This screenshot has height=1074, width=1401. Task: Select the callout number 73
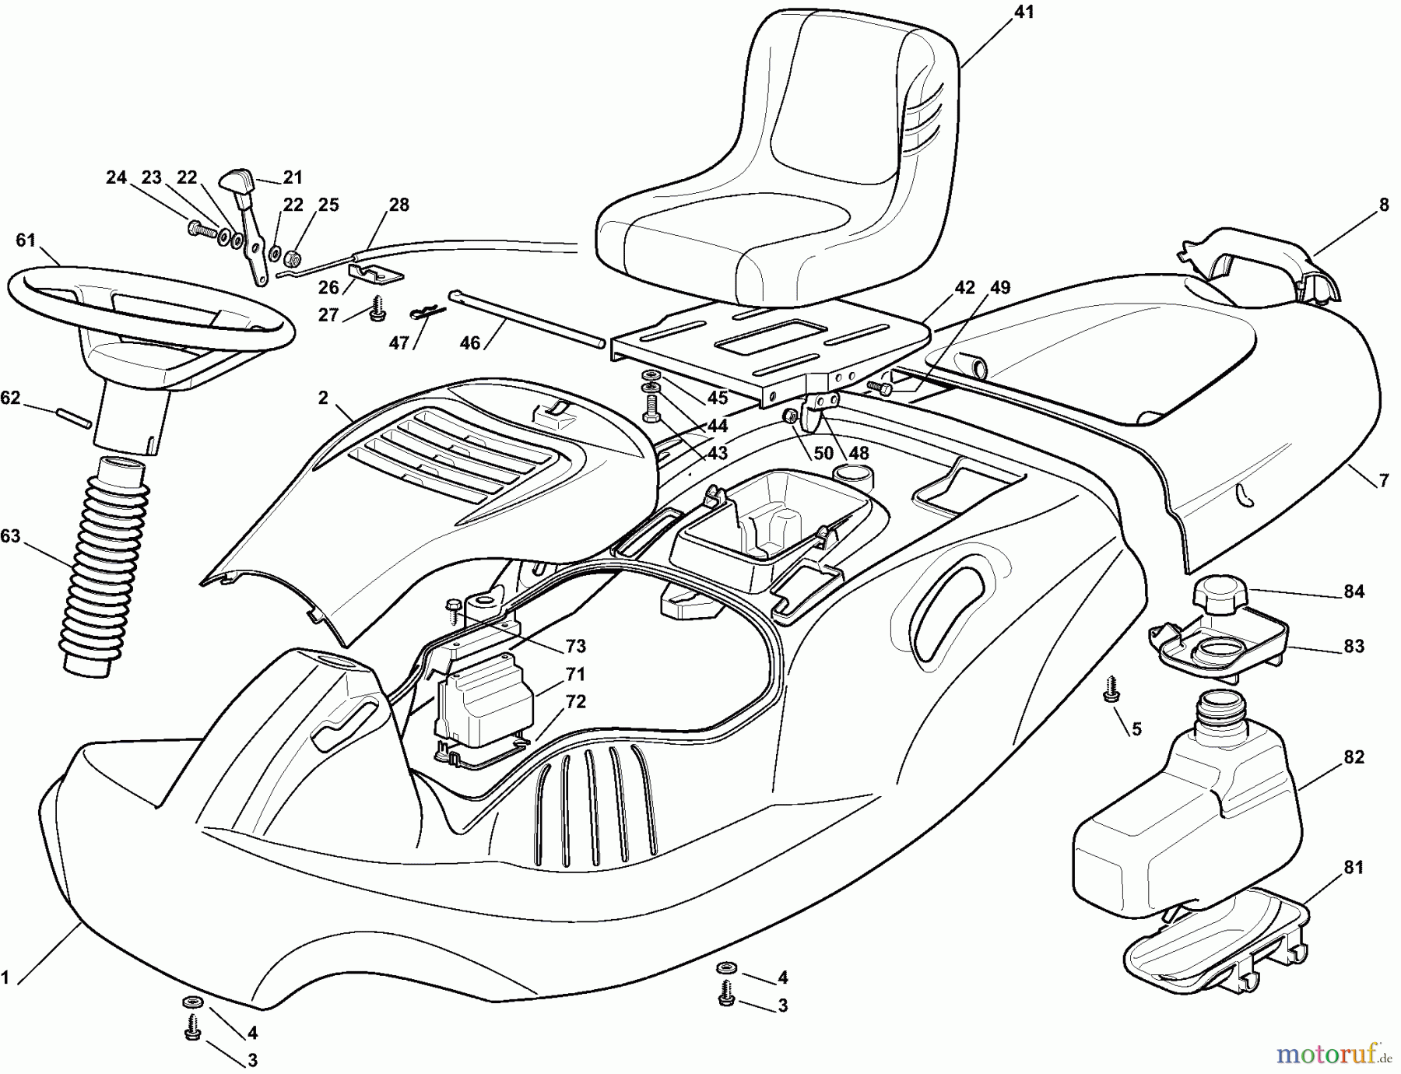tap(576, 646)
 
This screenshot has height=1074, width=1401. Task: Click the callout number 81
tap(1354, 867)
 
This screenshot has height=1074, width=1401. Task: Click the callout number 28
tap(399, 205)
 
